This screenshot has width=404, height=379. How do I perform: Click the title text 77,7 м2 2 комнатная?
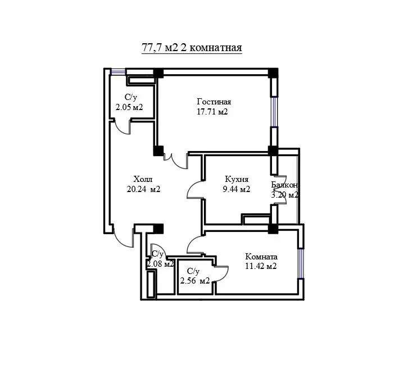[192, 48]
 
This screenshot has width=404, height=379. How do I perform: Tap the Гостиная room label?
[214, 102]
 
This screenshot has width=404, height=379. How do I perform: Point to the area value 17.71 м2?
[212, 112]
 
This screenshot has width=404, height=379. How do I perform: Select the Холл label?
[143, 179]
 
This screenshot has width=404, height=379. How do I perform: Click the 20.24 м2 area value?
[143, 189]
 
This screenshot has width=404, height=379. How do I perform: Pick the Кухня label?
[237, 179]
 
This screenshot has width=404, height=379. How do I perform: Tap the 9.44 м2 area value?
[237, 189]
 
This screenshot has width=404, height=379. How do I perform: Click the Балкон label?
[285, 185]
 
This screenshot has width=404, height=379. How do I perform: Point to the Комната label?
[261, 257]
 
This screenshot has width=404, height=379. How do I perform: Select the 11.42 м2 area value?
[261, 266]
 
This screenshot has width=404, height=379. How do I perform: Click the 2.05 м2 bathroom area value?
[129, 107]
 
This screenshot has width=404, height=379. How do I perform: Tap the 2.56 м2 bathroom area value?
[195, 281]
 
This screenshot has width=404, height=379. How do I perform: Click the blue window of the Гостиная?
[274, 112]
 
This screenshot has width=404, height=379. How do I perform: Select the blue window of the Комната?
[301, 263]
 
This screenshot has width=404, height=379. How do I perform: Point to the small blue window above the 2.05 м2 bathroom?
[118, 71]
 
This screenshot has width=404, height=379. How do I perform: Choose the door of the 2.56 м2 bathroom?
[221, 273]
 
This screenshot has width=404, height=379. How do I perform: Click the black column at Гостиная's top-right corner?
[273, 73]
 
